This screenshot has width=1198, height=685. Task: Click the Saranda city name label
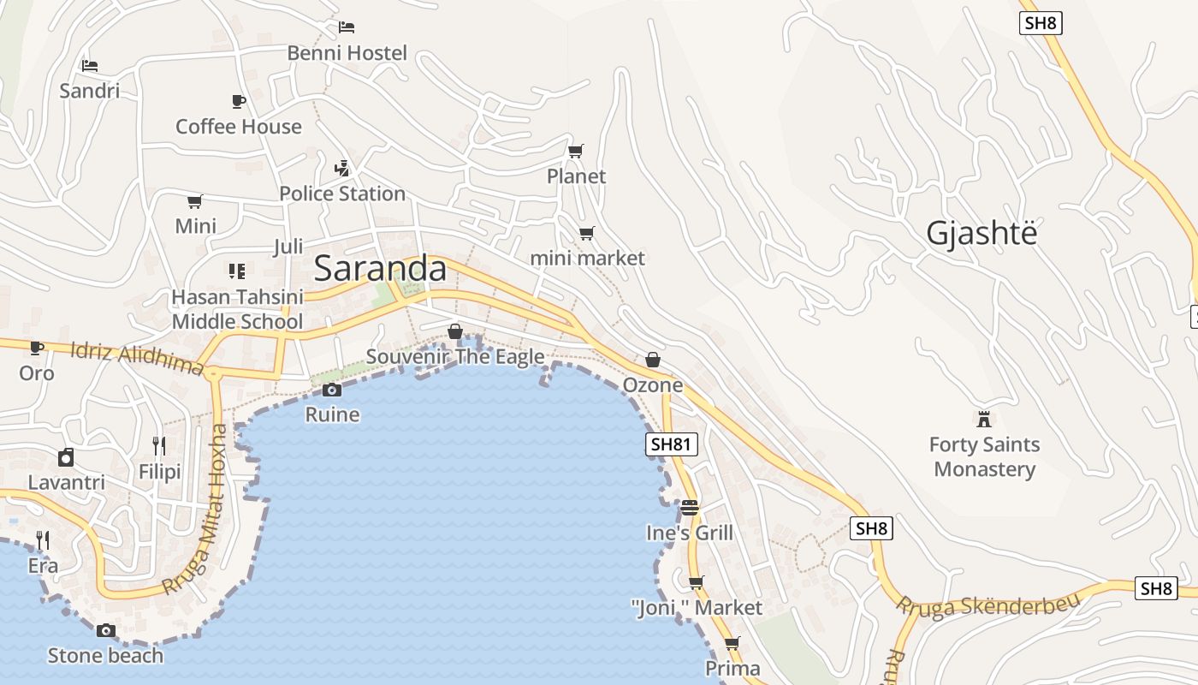coord(380,269)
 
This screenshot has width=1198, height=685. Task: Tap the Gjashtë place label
coord(982,233)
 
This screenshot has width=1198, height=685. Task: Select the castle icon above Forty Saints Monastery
coord(984,419)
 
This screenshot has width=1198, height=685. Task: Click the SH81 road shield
coord(672,444)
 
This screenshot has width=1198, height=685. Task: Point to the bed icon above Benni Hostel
coord(347,27)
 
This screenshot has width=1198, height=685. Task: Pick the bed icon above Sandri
coord(90,65)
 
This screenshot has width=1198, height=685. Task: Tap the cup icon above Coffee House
coord(239,101)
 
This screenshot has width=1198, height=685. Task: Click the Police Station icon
coord(342,168)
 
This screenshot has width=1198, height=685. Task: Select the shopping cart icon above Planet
coord(576,152)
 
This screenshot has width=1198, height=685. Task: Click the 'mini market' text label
coord(587,258)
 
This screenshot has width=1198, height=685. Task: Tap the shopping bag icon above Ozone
coord(653,360)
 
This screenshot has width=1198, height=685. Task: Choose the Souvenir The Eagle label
coord(455,356)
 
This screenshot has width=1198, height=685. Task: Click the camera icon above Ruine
coord(332,390)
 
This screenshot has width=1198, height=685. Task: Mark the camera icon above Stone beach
coord(105,631)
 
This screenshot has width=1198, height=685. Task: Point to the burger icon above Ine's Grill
coord(690,508)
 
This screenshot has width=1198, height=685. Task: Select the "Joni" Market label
coord(697,608)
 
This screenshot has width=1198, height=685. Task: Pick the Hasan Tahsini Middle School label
coord(237,309)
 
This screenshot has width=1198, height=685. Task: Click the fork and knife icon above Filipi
coord(159,445)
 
